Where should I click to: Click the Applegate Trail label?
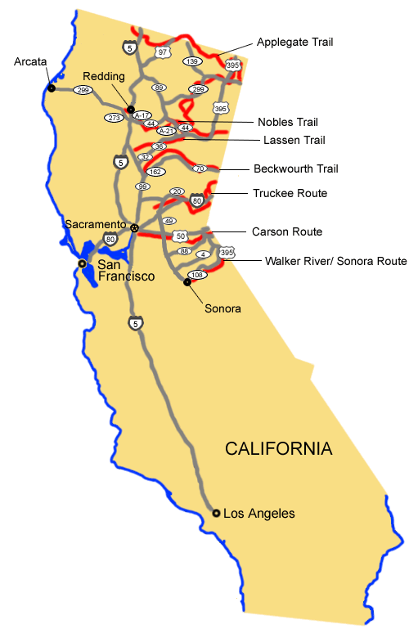click(295, 41)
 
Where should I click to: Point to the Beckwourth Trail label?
click(296, 168)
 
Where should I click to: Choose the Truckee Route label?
click(290, 193)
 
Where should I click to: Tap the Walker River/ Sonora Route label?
click(335, 261)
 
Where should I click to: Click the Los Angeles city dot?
click(216, 513)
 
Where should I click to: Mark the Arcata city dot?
click(52, 88)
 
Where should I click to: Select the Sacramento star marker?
click(135, 227)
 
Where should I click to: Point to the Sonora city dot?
click(187, 282)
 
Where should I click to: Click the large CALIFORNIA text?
click(279, 449)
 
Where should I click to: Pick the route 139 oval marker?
click(193, 61)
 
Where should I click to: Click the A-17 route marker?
click(142, 115)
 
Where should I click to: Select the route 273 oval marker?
click(115, 118)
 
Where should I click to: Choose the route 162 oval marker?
click(155, 172)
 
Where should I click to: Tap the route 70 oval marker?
click(200, 168)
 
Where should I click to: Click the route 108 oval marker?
click(196, 275)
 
